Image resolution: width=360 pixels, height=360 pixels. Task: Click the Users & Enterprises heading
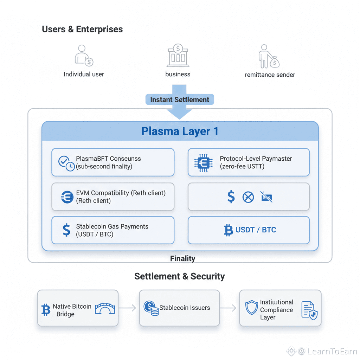click(82, 29)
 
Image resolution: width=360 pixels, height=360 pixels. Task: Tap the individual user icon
click(84, 55)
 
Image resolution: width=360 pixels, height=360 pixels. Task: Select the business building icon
click(178, 55)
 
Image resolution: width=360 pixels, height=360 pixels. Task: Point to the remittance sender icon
click(269, 56)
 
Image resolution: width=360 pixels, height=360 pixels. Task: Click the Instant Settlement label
click(180, 99)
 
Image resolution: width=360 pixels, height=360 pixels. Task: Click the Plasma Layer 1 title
click(180, 131)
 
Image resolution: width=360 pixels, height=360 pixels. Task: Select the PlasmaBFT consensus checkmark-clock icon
click(66, 162)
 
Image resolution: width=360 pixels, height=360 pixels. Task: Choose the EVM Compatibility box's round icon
click(67, 197)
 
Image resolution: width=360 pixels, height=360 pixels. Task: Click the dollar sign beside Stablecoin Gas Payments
click(66, 230)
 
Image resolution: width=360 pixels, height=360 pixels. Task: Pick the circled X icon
click(248, 197)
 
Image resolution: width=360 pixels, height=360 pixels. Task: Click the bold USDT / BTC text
click(256, 230)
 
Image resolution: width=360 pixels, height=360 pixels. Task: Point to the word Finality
click(182, 259)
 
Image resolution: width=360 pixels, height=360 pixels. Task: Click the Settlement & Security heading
click(179, 276)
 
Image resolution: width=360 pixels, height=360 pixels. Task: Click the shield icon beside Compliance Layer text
click(252, 307)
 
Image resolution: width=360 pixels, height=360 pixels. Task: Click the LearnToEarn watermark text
click(332, 351)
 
